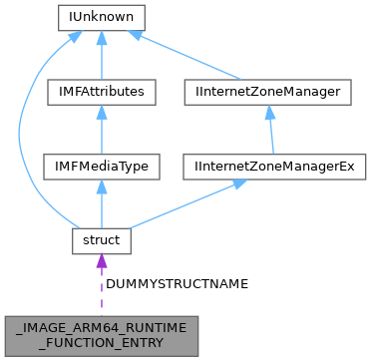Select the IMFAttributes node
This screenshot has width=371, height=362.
(101, 92)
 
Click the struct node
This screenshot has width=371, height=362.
(101, 240)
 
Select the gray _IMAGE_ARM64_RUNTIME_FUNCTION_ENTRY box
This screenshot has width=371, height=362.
(101, 332)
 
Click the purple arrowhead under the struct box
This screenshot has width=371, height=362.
(101, 261)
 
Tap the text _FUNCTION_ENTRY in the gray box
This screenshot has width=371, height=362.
(101, 340)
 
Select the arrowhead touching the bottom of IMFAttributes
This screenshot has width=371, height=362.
(101, 112)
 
